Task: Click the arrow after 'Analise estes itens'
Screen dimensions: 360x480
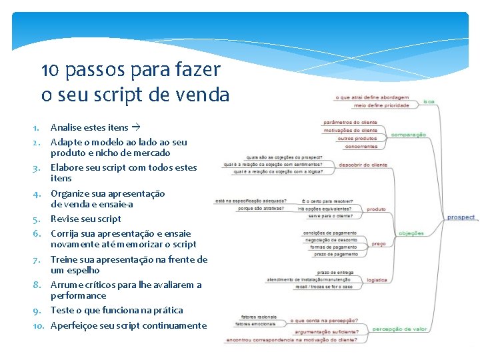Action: (x=135, y=127)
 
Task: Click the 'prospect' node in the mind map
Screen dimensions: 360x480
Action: (x=461, y=217)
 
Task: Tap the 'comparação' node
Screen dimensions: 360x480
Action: (x=408, y=135)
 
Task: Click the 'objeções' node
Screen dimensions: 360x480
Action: (x=411, y=233)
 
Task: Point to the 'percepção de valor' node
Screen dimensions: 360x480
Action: (x=400, y=329)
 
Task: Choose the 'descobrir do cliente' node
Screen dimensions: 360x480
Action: (x=363, y=165)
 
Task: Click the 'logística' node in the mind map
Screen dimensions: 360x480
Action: (x=377, y=280)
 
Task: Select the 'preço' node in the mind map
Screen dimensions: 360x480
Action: (x=378, y=244)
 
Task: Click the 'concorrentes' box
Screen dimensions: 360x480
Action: (x=361, y=147)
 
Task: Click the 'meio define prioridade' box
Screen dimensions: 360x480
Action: (x=381, y=105)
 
